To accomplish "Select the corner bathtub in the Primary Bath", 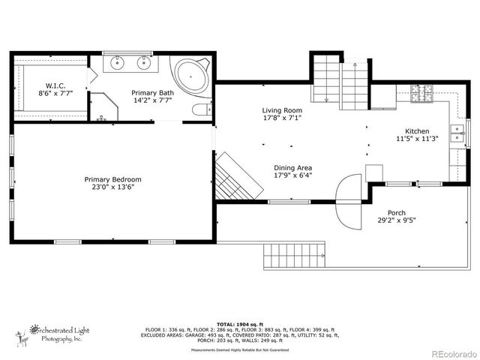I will point(191,77).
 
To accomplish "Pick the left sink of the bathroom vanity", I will point(118,63).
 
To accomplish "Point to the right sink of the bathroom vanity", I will point(142,63).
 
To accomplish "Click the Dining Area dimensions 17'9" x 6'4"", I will point(292,175).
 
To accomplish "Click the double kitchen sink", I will point(456,133).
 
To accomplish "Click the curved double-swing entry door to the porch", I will point(347,200).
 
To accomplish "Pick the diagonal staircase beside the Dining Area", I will point(237,177).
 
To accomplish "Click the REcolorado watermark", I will point(448,352).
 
